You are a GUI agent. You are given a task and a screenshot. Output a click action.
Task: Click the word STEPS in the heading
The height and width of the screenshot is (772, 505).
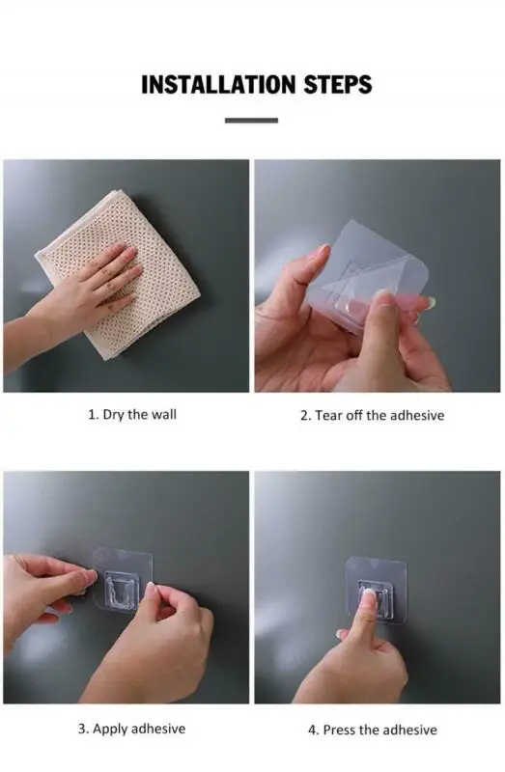click(338, 84)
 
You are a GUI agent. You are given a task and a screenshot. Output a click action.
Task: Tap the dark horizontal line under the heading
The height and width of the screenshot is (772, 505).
click(251, 120)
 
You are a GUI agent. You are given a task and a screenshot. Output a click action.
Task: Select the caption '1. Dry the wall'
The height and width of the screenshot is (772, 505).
click(132, 415)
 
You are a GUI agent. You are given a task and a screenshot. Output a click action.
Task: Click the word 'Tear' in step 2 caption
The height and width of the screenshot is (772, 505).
click(328, 416)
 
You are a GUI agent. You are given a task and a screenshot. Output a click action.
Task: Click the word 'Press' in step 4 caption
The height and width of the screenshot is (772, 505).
click(339, 730)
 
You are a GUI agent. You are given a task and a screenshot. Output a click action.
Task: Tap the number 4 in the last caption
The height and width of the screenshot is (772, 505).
click(312, 731)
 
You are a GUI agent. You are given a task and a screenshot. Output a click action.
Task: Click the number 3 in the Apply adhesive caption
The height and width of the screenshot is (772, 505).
click(82, 729)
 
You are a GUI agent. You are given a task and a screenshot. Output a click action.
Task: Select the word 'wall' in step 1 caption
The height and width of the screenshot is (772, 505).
click(163, 415)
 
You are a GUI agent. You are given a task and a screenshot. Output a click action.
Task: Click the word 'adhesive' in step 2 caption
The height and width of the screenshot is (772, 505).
click(417, 416)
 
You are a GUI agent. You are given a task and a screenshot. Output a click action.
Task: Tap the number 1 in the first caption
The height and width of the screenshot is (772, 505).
click(91, 415)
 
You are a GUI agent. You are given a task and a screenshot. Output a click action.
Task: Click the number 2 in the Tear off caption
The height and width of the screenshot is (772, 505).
click(304, 416)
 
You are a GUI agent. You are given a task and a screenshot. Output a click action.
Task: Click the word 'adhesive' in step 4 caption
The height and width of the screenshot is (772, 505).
click(409, 730)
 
